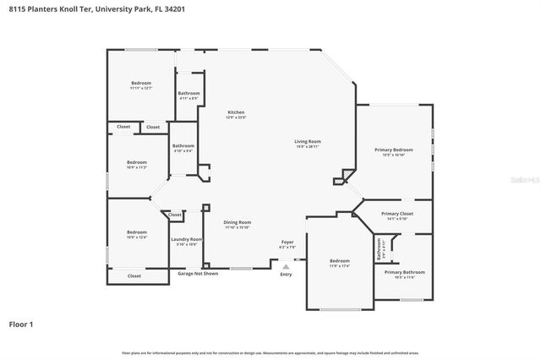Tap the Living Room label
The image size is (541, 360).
pyautogui.click(x=307, y=143)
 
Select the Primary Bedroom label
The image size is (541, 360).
pyautogui.click(x=393, y=151)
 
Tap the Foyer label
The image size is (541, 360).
pyautogui.click(x=287, y=243)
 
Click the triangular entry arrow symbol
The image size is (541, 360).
pyautogui.click(x=286, y=266)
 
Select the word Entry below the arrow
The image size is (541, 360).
pyautogui.click(x=286, y=274)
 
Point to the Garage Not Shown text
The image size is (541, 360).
pyautogui.click(x=198, y=274)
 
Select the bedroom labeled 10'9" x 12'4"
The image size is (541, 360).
pyautogui.click(x=136, y=234)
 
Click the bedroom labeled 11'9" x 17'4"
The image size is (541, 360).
pyautogui.click(x=339, y=262)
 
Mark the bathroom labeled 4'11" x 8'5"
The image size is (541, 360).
pyautogui.click(x=189, y=95)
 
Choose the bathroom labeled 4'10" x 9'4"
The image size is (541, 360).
pyautogui.click(x=183, y=147)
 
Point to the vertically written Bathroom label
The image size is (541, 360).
pyautogui.click(x=380, y=249)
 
